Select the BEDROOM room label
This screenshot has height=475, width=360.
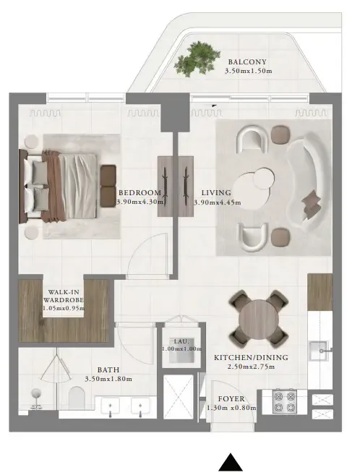tap(139, 192)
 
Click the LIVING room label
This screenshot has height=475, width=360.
tap(216, 192)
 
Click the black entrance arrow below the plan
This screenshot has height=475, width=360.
tap(230, 463)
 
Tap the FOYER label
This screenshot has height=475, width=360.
tap(231, 398)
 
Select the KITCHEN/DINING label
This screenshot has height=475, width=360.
tap(251, 357)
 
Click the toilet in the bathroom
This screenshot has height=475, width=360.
tap(77, 397)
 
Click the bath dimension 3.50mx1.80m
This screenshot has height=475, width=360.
tap(108, 378)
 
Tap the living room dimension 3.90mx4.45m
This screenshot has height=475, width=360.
tap(217, 202)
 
